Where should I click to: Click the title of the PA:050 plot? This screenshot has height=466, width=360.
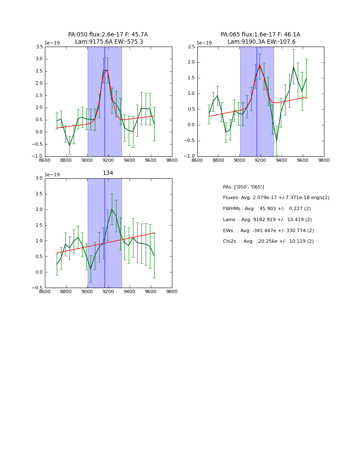pyautogui.click(x=108, y=38)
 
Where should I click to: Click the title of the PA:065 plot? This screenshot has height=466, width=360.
pyautogui.click(x=260, y=38)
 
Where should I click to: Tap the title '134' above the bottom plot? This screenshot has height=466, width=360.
pyautogui.click(x=108, y=173)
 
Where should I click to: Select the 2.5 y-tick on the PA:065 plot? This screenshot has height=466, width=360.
pyautogui.click(x=191, y=47)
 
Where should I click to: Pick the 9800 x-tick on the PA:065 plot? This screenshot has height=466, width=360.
pyautogui.click(x=324, y=161)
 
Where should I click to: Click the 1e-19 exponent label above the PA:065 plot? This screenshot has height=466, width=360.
pyautogui.click(x=204, y=43)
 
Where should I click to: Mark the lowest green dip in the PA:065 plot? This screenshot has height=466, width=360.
pyautogui.click(x=277, y=140)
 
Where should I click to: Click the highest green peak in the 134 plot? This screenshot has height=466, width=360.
pyautogui.click(x=112, y=209)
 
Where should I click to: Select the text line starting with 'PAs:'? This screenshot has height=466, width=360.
pyautogui.click(x=243, y=187)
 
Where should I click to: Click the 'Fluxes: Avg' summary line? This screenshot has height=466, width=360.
pyautogui.click(x=276, y=198)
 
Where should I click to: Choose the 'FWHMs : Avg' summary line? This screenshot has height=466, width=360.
pyautogui.click(x=266, y=209)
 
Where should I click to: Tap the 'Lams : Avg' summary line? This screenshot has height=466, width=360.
pyautogui.click(x=267, y=220)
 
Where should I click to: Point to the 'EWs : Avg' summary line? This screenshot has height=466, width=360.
pyautogui.click(x=268, y=230)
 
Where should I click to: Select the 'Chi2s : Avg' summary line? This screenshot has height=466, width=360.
pyautogui.click(x=268, y=241)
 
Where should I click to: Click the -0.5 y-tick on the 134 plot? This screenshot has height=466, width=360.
pyautogui.click(x=37, y=288)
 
